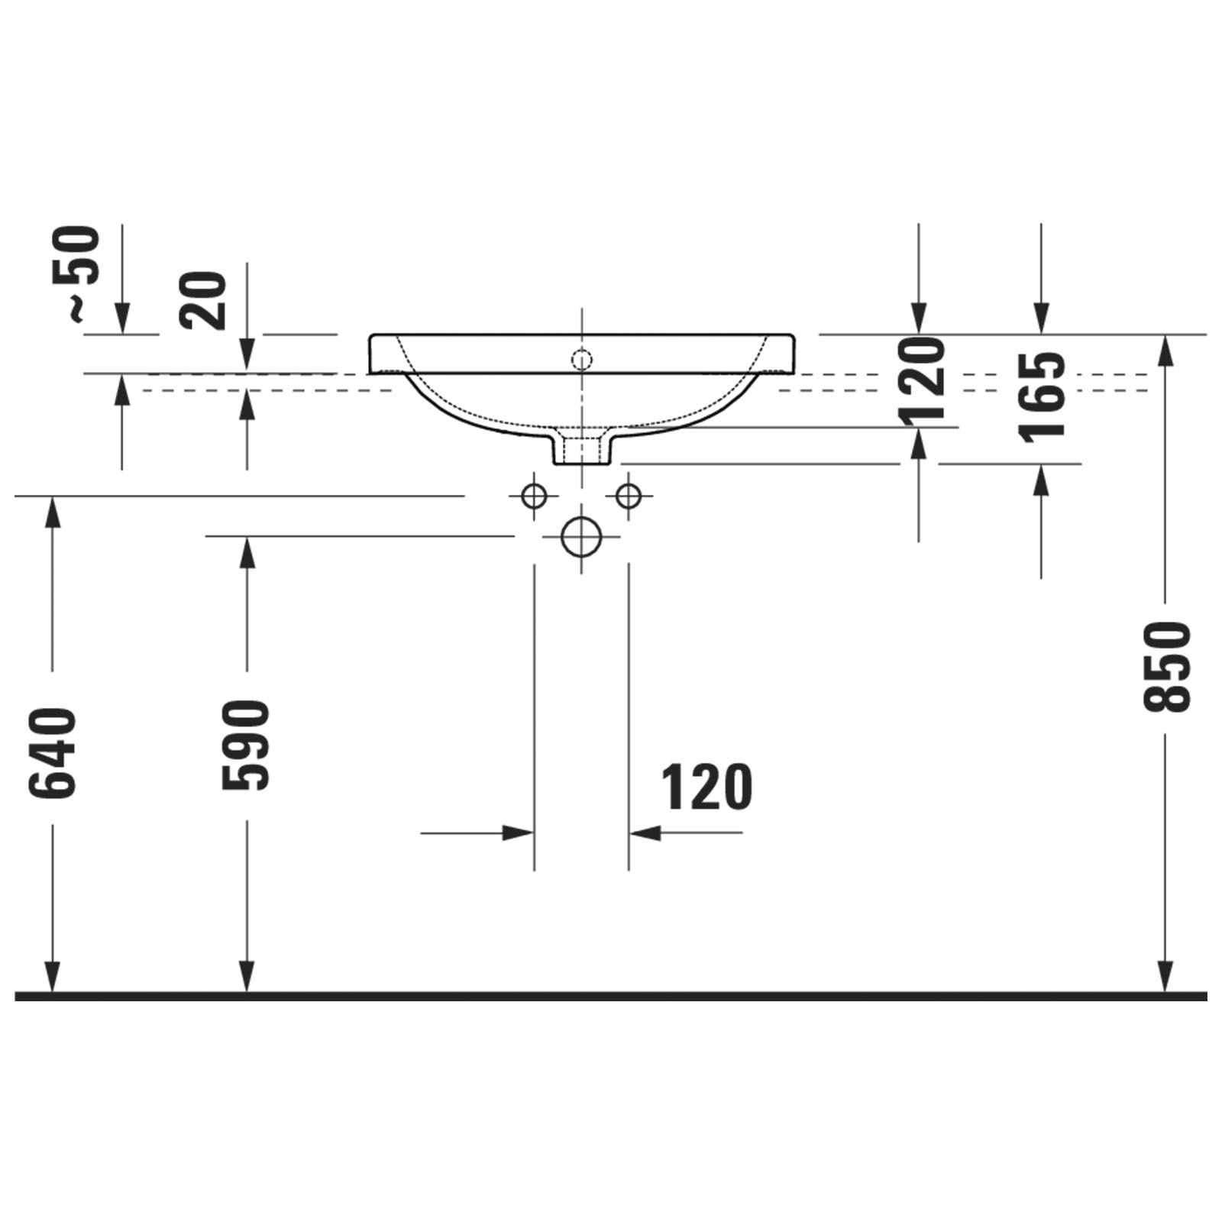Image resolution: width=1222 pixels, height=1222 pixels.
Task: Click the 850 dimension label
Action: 1166,667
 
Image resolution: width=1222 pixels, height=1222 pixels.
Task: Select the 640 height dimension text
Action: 53,754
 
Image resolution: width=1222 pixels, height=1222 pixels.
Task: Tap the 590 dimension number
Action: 246,745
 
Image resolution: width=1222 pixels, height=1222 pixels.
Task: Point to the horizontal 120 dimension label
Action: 706,787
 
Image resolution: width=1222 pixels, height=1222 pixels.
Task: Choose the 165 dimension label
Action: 1042,397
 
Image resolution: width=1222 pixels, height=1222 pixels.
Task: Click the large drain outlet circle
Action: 581,536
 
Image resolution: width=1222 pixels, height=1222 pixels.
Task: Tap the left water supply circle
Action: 534,496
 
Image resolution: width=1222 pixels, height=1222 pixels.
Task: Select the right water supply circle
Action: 629,496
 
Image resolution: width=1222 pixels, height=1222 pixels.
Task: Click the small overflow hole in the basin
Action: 582,359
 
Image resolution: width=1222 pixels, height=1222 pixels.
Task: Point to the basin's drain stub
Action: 582,448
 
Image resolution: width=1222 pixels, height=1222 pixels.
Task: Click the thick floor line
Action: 611,996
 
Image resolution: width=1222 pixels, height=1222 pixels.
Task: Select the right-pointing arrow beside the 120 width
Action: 516,832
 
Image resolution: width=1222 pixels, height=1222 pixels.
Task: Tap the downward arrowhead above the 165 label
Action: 1041,318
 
